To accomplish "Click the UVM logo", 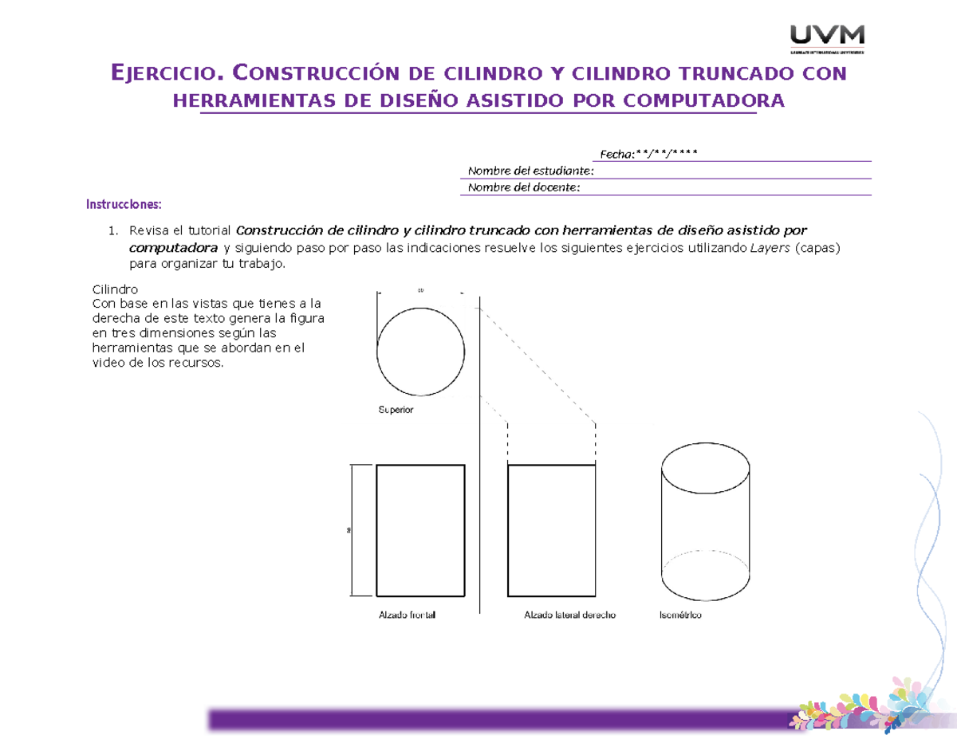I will pos(827,38).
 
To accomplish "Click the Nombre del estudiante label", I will pos(530,171).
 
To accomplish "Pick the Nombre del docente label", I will pos(524,187).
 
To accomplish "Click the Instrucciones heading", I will pos(124,205).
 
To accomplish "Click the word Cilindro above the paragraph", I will pos(116,290).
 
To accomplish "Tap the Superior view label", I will pos(396,410).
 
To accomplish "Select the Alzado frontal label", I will pos(407,615).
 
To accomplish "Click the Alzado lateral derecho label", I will pos(569,615).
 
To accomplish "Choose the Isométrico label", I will pos(680,615).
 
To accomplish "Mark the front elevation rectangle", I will pos(420,531).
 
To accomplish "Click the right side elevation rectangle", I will pos(552,531).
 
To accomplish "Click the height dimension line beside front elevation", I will pos(351,531).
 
